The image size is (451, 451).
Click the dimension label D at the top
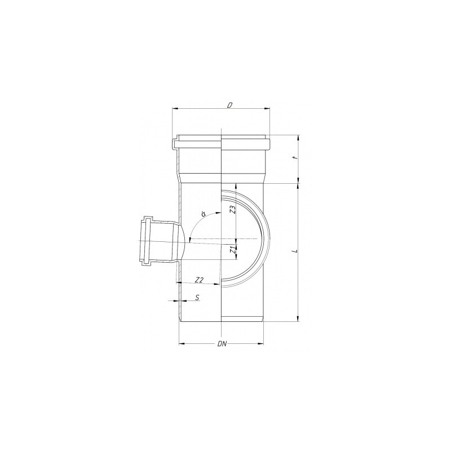click(x=229, y=105)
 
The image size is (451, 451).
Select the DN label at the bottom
click(x=222, y=344)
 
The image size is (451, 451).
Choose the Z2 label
click(x=199, y=279)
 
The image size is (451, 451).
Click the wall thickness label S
click(x=197, y=297)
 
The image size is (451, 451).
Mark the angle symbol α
click(x=203, y=214)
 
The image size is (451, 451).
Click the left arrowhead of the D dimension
click(x=175, y=108)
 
